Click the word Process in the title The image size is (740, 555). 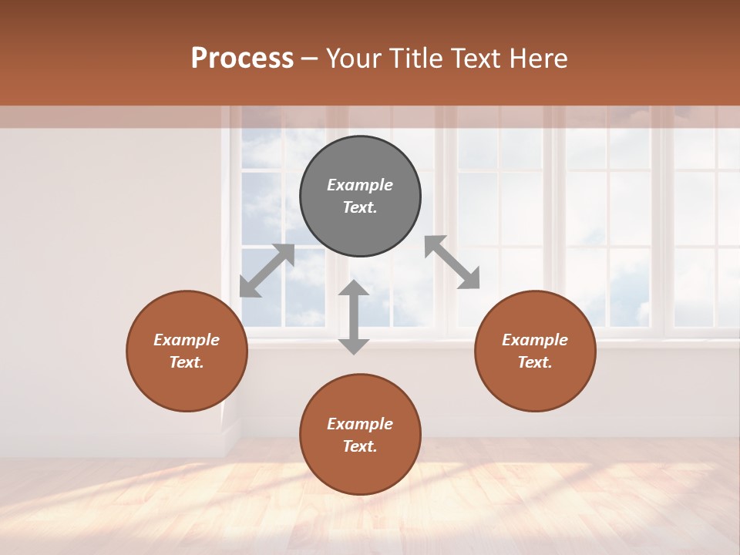click(242, 59)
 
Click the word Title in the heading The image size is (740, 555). click(419, 59)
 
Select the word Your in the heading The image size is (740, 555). click(356, 59)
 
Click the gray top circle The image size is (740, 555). click(360, 197)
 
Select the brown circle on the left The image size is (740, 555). click(187, 351)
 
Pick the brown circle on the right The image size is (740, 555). click(535, 351)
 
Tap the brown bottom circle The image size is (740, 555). click(360, 434)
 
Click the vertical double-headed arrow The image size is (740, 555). click(354, 317)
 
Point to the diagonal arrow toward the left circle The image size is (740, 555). click(267, 271)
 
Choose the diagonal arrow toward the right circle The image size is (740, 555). click(452, 262)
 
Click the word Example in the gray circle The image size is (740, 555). click(360, 185)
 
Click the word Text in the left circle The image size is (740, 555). click(187, 362)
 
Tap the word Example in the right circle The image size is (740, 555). click(535, 340)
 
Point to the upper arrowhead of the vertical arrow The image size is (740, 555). click(354, 288)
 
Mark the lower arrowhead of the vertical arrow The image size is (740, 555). click(354, 345)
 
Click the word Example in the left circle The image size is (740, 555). click(187, 340)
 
